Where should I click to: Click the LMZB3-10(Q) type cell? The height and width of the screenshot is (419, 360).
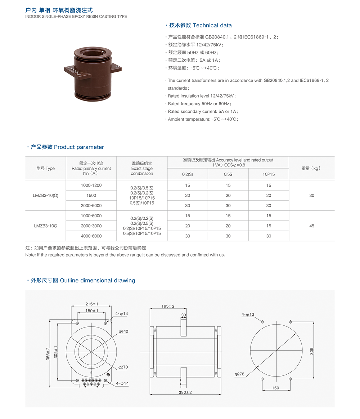[45, 195]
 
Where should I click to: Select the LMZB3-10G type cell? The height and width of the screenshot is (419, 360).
[45, 226]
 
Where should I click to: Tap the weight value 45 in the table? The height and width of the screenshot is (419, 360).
[311, 226]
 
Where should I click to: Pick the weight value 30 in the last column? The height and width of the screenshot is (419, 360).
[311, 195]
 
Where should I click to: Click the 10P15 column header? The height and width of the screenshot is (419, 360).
[269, 174]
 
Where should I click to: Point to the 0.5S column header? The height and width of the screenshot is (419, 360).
[228, 174]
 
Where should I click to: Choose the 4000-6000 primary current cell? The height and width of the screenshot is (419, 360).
[91, 236]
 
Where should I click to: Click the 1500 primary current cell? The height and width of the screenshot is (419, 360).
[91, 195]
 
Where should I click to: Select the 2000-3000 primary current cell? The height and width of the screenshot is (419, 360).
[91, 226]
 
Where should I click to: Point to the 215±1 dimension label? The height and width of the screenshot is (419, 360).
[92, 304]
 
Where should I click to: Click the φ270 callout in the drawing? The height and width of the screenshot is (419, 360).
[123, 367]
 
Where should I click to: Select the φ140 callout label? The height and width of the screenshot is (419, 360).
[123, 331]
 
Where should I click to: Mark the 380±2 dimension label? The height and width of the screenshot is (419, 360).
[185, 392]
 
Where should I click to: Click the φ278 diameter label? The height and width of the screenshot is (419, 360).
[239, 374]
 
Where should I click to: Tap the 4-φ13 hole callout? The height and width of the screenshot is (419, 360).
[248, 315]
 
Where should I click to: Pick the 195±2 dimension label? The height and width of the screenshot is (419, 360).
[168, 306]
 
